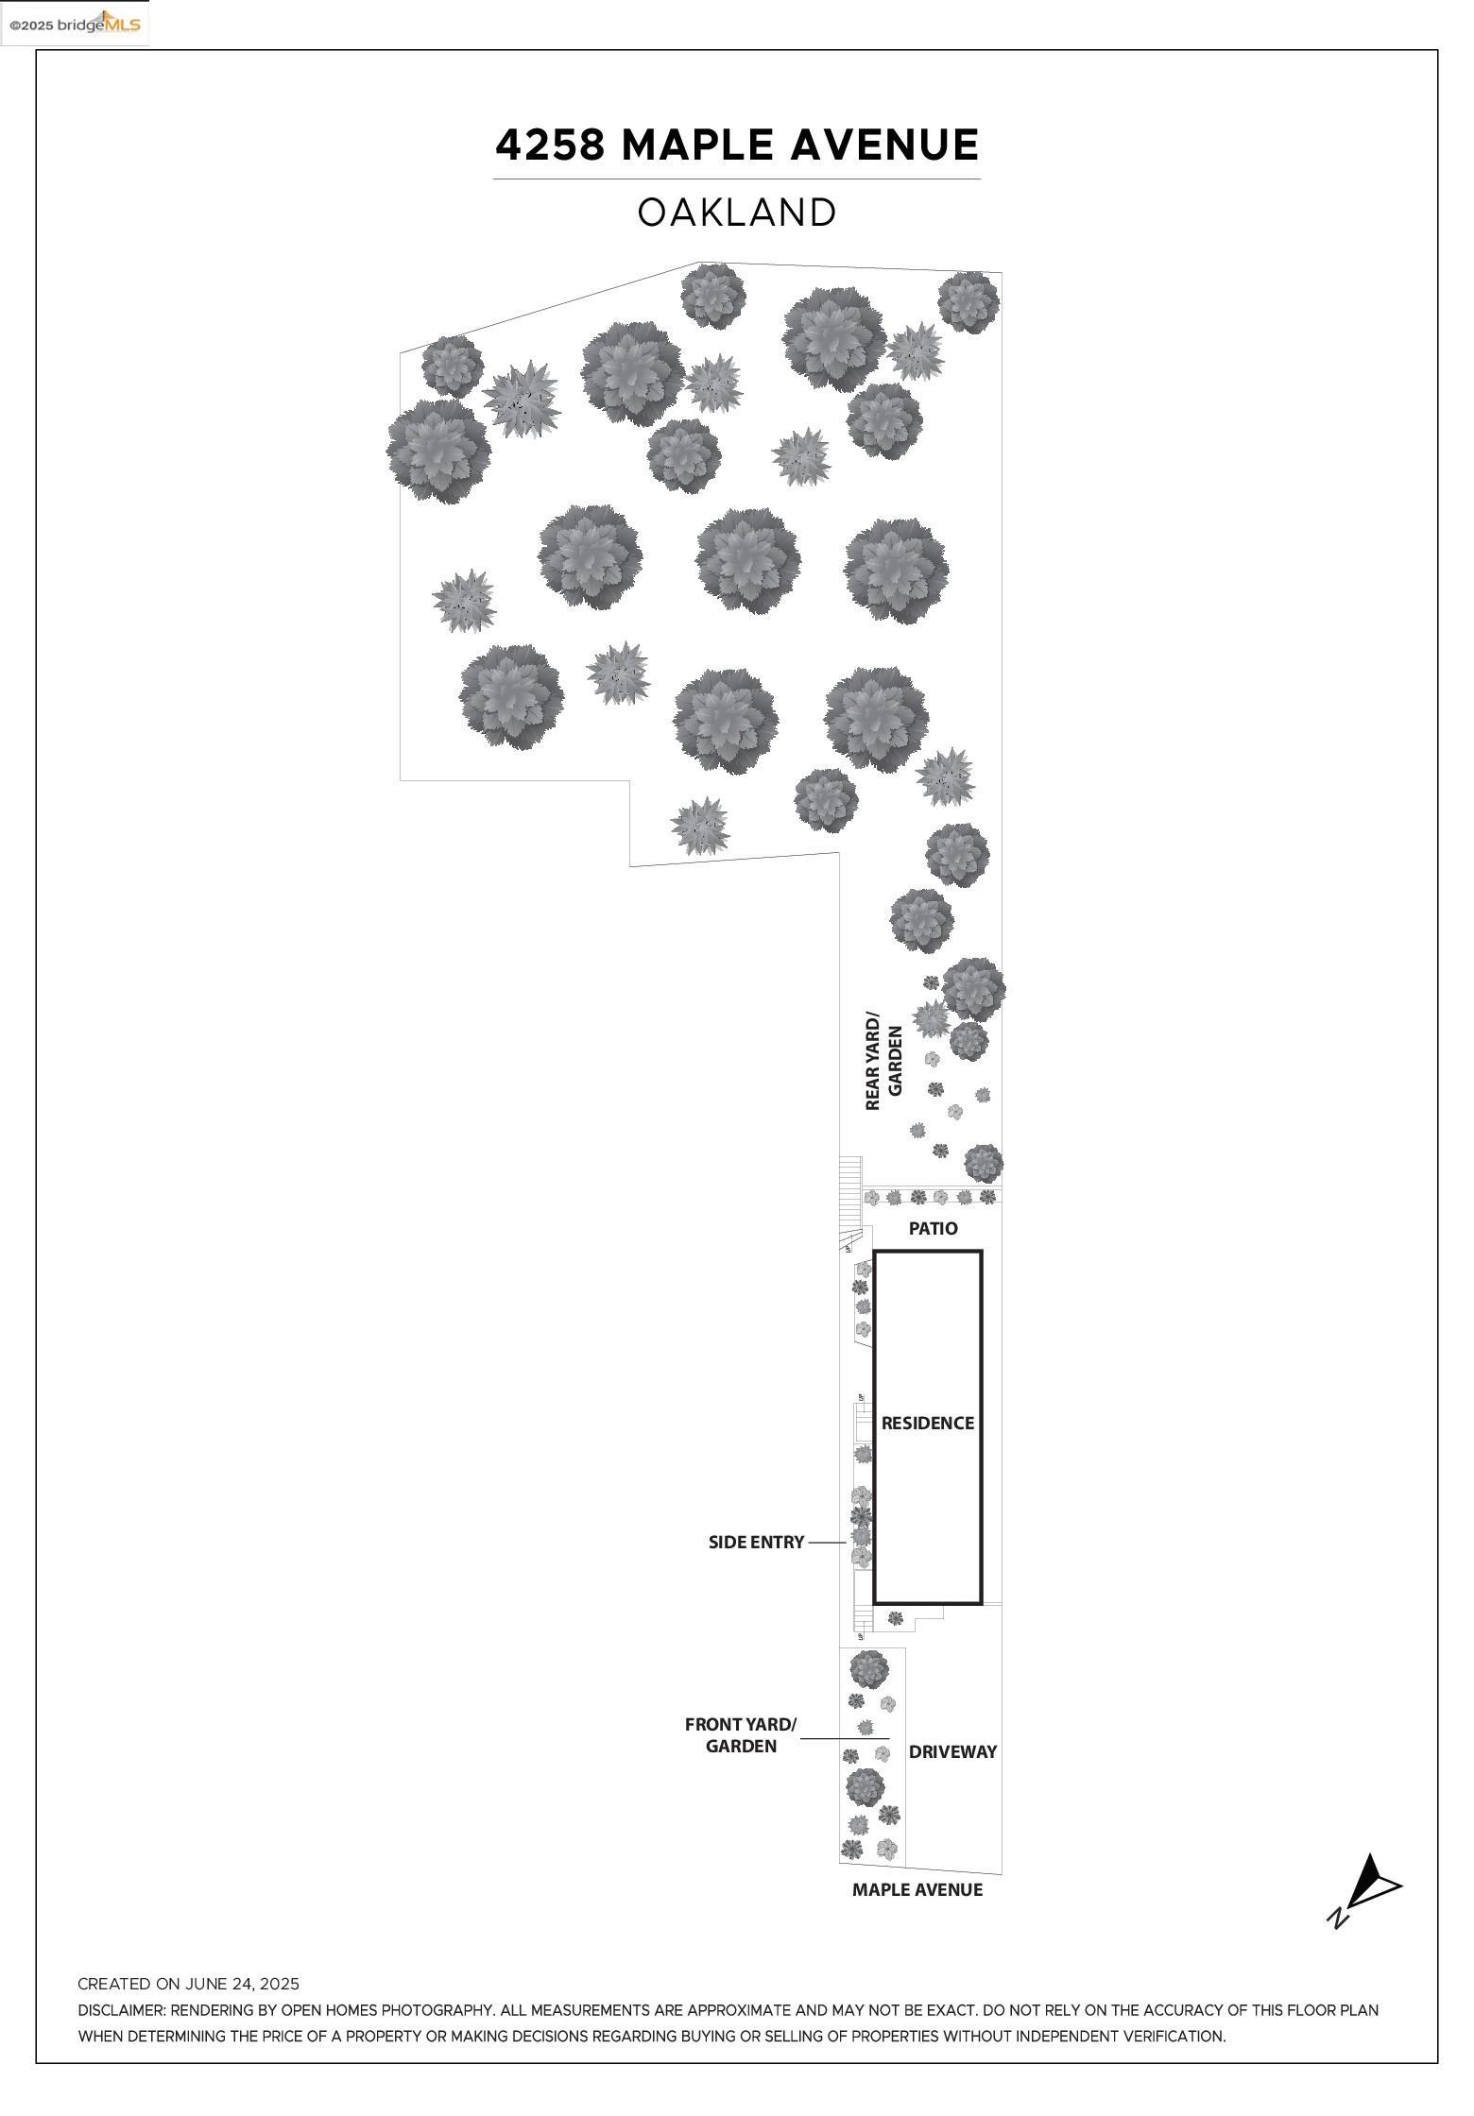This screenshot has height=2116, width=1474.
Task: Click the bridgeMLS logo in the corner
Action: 75,24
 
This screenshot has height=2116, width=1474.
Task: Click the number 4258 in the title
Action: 551,145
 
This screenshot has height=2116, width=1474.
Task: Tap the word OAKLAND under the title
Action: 737,213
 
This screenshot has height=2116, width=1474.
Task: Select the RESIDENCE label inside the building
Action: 927,1423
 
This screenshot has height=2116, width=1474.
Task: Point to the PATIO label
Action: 933,1228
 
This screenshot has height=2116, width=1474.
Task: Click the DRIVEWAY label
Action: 952,1751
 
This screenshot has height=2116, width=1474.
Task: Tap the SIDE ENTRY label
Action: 756,1542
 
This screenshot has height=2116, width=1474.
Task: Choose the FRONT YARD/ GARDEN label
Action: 741,1735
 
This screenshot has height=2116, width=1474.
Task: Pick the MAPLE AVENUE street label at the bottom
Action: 917,1889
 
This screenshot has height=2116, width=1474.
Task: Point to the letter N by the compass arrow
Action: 1337,1917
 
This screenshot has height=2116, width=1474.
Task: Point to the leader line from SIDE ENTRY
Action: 827,1542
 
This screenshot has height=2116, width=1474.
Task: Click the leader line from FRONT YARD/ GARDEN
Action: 845,1738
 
